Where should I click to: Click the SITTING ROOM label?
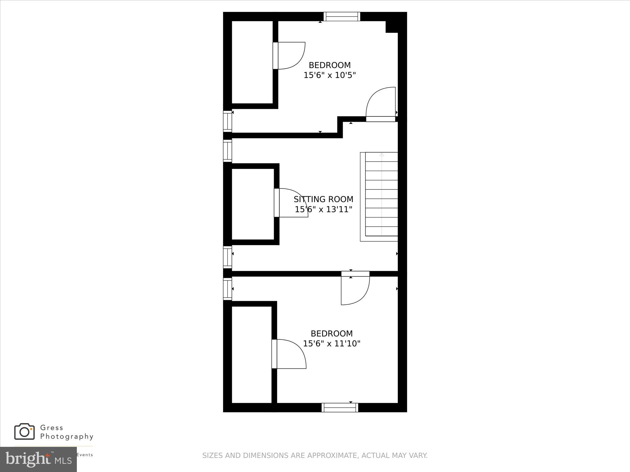click(x=324, y=199)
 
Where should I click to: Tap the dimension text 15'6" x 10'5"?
click(x=329, y=75)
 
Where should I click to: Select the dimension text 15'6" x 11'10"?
click(x=331, y=343)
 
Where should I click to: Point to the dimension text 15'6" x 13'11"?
click(x=323, y=209)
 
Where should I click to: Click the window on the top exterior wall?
click(x=342, y=16)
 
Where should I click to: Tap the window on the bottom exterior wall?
click(x=340, y=407)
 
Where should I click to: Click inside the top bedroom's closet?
click(x=252, y=62)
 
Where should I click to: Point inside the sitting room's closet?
click(x=253, y=204)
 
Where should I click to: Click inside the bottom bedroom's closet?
click(x=252, y=354)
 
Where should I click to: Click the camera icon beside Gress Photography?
click(x=24, y=432)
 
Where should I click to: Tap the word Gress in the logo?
click(x=52, y=428)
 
